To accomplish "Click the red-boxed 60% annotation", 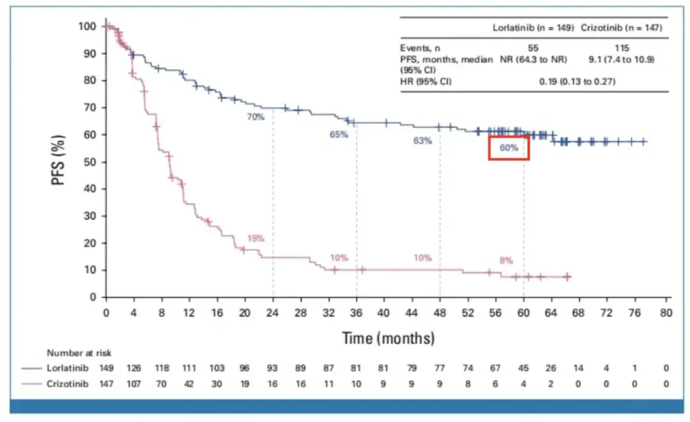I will pyautogui.click(x=509, y=148).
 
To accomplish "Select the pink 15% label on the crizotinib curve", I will pyautogui.click(x=256, y=238).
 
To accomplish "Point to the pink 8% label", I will pyautogui.click(x=506, y=260).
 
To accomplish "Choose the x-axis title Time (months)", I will pyautogui.click(x=388, y=338).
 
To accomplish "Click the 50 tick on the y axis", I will pyautogui.click(x=90, y=162).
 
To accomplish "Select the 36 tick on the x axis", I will pyautogui.click(x=356, y=313).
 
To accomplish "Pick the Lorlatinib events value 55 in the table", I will pyautogui.click(x=533, y=48).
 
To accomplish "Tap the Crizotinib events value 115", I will pyautogui.click(x=620, y=48).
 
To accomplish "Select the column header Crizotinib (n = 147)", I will pyautogui.click(x=620, y=27).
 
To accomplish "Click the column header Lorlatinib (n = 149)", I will pyautogui.click(x=533, y=27).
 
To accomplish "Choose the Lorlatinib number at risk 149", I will pyautogui.click(x=107, y=368).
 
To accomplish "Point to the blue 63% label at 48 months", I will pyautogui.click(x=422, y=141).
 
